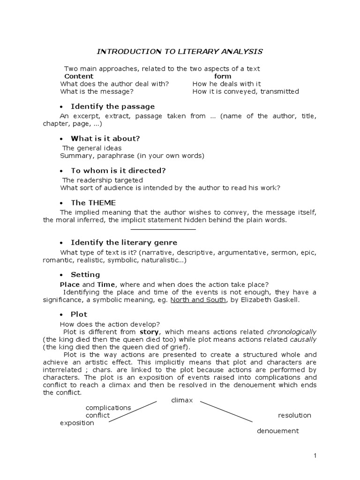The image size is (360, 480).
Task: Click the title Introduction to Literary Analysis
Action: pyautogui.click(x=180, y=52)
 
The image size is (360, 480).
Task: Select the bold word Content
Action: pyautogui.click(x=79, y=76)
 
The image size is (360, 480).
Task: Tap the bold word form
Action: pyautogui.click(x=223, y=76)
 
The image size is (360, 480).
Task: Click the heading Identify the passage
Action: pyautogui.click(x=112, y=106)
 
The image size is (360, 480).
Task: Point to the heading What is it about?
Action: pyautogui.click(x=105, y=139)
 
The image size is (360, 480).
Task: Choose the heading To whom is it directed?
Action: pyautogui.click(x=118, y=171)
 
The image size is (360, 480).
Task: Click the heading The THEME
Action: pyautogui.click(x=93, y=203)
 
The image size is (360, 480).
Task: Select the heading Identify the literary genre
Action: pyautogui.click(x=124, y=242)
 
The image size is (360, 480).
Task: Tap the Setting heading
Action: pyautogui.click(x=85, y=275)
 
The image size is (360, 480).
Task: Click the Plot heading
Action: pyautogui.click(x=79, y=314)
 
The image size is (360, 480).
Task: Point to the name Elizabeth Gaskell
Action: pyautogui.click(x=269, y=300)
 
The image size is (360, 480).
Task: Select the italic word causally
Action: pyautogui.click(x=303, y=339)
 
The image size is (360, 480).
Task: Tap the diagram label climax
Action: pyautogui.click(x=182, y=400)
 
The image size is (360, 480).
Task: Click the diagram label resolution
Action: pyautogui.click(x=294, y=415)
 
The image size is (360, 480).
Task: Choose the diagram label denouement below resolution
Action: pyautogui.click(x=277, y=431)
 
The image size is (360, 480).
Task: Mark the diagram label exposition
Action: pyautogui.click(x=77, y=423)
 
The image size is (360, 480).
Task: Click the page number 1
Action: pyautogui.click(x=315, y=456)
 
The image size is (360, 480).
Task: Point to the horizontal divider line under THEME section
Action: pyautogui.click(x=163, y=230)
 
